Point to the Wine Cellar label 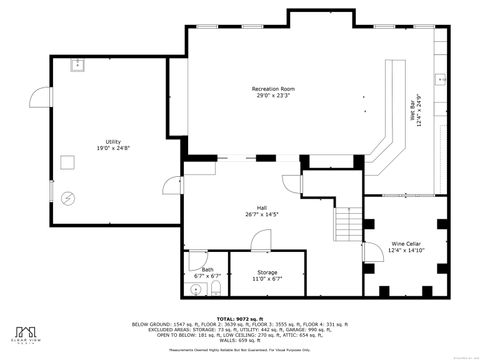click(x=405, y=246)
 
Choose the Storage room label click(x=267, y=274)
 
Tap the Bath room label click(x=207, y=271)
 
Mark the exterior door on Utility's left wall click(x=39, y=98)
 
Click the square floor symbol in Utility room click(x=69, y=161)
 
